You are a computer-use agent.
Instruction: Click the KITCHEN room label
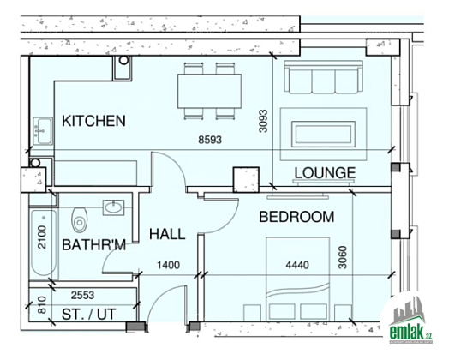(x=93, y=121)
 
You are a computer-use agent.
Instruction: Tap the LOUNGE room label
(x=326, y=172)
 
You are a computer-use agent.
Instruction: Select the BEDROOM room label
(x=296, y=217)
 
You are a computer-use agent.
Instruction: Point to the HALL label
(x=167, y=234)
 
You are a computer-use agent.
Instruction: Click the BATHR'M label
(x=94, y=245)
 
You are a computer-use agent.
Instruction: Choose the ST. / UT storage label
(x=89, y=315)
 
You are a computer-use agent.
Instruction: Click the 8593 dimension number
(x=210, y=140)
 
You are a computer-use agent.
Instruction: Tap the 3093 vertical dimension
(x=263, y=121)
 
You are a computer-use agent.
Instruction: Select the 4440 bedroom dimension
(x=297, y=265)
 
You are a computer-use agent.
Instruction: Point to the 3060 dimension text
(x=343, y=257)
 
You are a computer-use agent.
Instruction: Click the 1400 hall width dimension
(x=168, y=265)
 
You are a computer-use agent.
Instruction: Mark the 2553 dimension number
(x=83, y=295)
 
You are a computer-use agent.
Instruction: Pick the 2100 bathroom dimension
(x=42, y=237)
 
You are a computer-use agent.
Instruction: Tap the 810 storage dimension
(x=42, y=305)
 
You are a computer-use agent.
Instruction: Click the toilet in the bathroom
(x=80, y=220)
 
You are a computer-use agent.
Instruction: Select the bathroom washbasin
(x=114, y=207)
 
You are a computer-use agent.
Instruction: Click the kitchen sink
(x=43, y=131)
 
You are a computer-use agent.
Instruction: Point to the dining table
(x=209, y=91)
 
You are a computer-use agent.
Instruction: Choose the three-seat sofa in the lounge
(x=324, y=77)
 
